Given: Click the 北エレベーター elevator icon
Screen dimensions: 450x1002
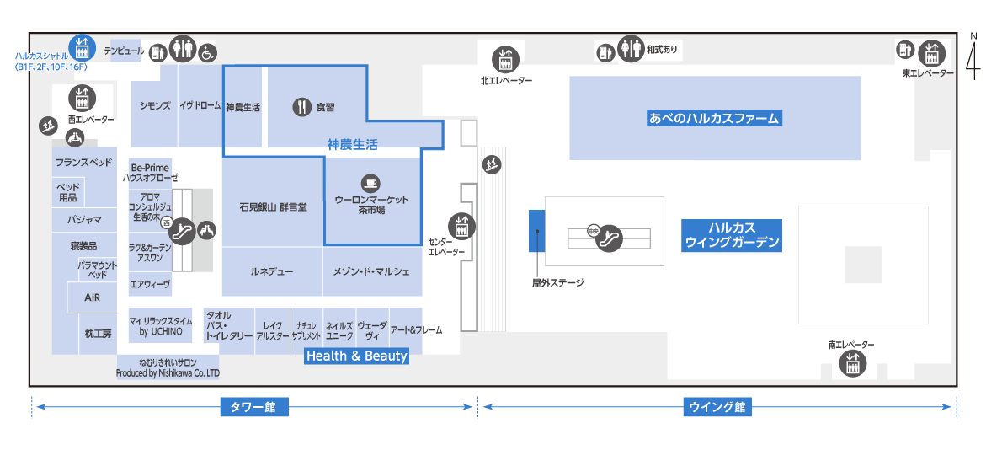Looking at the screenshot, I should (x=504, y=58).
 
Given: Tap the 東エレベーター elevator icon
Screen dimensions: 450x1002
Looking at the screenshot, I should (x=930, y=52).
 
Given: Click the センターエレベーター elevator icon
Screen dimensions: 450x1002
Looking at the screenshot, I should (x=461, y=226).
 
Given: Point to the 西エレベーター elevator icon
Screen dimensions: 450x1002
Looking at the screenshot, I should (x=82, y=97).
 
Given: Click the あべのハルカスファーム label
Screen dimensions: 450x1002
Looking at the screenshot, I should (x=714, y=118).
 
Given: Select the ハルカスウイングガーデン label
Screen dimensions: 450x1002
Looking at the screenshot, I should (x=732, y=235).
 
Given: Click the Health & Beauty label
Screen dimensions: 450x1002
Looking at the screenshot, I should (x=356, y=356).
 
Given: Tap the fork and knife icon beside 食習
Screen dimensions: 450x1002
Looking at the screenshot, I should (x=301, y=107).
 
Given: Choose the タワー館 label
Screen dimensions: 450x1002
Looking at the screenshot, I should (x=253, y=407).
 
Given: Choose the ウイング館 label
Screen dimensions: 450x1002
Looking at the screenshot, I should (x=717, y=407).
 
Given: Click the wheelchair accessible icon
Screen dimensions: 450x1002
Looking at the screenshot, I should (x=207, y=52).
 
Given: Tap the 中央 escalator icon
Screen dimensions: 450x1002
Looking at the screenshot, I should (x=607, y=239).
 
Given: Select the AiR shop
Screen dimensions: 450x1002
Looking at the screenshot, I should (x=93, y=298).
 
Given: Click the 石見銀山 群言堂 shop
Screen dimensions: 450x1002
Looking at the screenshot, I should (x=273, y=206).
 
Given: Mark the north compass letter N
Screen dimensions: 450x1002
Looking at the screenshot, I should (x=974, y=35).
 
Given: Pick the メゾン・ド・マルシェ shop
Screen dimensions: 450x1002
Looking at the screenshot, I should (x=371, y=271).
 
